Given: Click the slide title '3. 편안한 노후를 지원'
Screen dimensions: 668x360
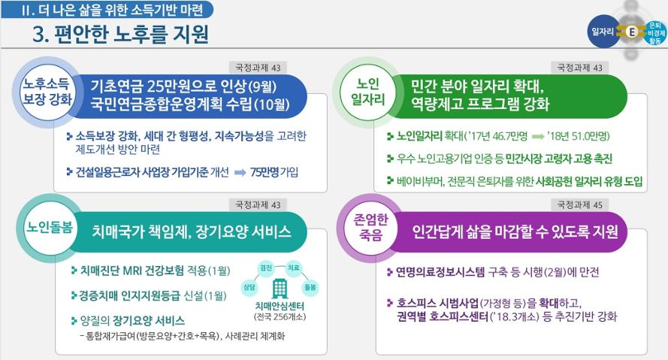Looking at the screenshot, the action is [x=120, y=34].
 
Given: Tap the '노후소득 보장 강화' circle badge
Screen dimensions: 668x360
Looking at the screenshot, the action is [x=47, y=92].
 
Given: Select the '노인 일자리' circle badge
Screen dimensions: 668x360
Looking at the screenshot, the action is [x=367, y=92].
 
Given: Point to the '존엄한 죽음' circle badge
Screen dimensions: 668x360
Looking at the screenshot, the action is [x=371, y=228].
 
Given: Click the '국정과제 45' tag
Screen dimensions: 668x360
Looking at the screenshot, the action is [x=580, y=205].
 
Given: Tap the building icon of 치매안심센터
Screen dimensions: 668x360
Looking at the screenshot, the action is [x=280, y=289].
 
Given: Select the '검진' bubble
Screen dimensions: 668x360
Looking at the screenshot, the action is [x=266, y=268].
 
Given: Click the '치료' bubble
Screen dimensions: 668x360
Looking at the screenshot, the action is [x=294, y=268].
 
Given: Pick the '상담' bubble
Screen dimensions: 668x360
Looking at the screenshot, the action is [x=249, y=287].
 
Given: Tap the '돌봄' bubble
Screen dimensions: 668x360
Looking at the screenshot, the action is [x=310, y=288].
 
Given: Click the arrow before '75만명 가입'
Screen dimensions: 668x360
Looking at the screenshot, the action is [x=240, y=173].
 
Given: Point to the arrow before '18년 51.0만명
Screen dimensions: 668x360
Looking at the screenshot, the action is [x=538, y=136].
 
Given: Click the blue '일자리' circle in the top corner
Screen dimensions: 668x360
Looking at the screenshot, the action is [x=603, y=32].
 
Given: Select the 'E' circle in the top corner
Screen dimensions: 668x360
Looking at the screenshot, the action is [x=632, y=32].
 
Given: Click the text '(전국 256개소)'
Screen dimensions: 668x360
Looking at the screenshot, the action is [x=280, y=316].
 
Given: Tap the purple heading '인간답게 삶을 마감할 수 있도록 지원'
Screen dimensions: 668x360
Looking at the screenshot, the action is [x=515, y=231].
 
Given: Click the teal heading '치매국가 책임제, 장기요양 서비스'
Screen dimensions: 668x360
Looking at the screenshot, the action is [x=192, y=231].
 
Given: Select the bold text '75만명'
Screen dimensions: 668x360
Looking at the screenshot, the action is [x=264, y=172].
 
